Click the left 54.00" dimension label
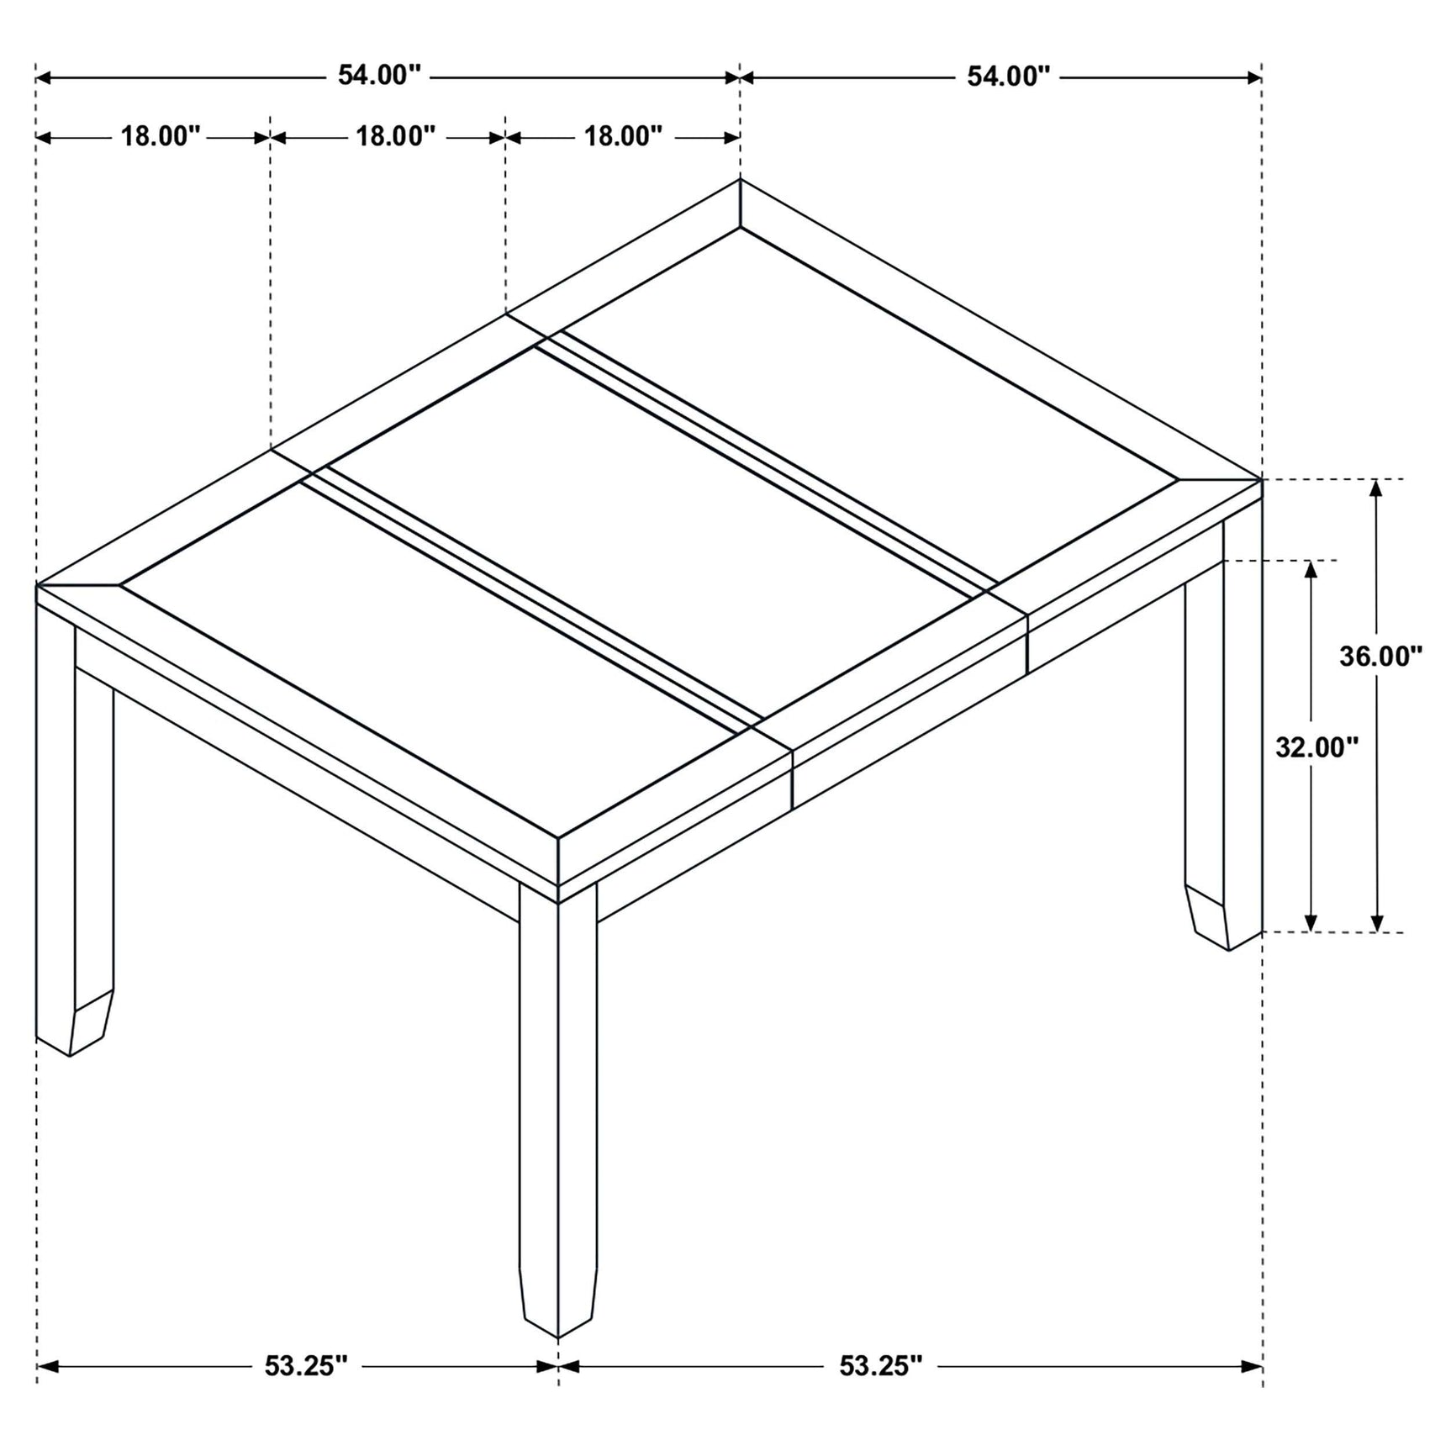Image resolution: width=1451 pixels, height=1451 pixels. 378,76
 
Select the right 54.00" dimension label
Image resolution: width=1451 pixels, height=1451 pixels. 1008,77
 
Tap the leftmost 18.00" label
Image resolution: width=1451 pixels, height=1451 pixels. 161,136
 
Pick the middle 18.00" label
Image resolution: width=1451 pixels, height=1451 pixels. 395,136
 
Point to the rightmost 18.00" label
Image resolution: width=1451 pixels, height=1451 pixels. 623,136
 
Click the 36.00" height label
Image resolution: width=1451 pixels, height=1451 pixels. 1380,657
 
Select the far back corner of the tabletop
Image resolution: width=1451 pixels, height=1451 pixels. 740,181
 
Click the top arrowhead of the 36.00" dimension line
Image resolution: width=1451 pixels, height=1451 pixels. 1376,489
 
